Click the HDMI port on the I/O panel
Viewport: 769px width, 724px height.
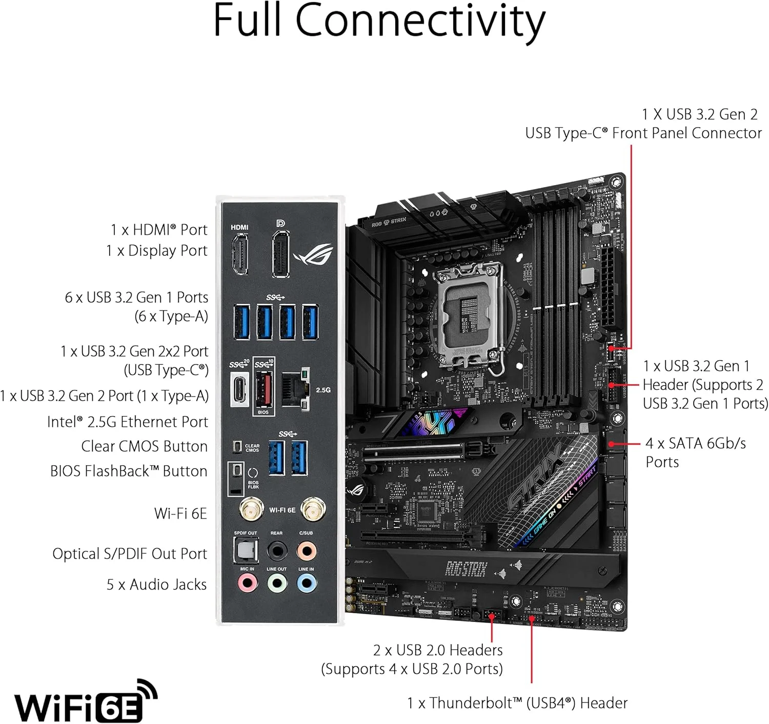click(239, 254)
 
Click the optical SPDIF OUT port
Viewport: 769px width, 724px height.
click(245, 551)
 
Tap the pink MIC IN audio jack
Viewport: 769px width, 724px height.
click(247, 583)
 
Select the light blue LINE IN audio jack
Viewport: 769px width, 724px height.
click(307, 583)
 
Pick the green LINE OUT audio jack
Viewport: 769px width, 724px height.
click(277, 583)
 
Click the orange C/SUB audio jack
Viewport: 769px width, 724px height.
click(307, 551)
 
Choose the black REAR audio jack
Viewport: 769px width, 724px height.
click(277, 551)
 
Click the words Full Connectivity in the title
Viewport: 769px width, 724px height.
click(379, 22)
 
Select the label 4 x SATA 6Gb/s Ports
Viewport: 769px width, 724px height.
click(695, 452)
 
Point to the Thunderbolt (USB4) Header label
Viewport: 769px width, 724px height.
click(517, 703)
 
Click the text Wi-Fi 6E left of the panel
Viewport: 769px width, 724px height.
click(180, 513)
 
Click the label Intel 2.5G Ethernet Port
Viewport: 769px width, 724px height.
click(128, 422)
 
